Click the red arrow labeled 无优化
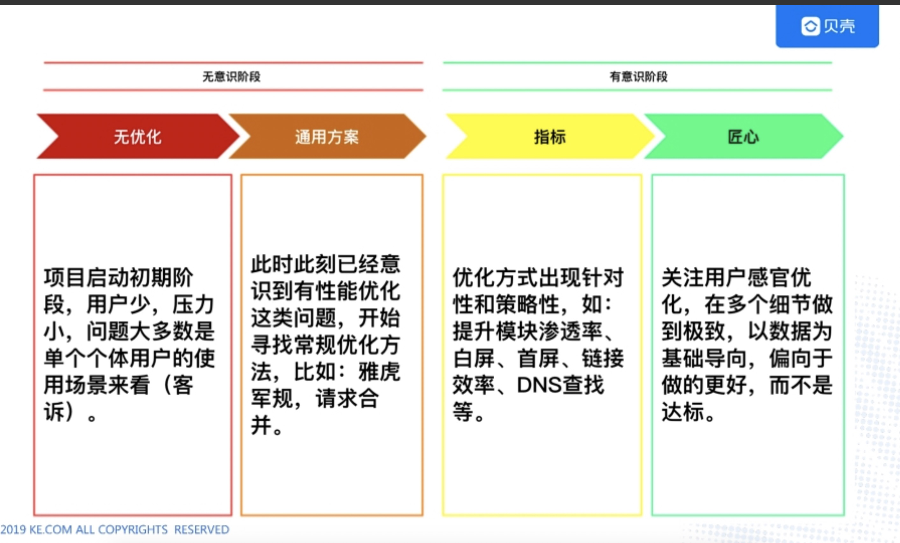[137, 137]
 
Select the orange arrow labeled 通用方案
[326, 137]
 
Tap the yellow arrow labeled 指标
[549, 137]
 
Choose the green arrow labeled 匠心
[743, 137]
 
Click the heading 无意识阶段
[232, 77]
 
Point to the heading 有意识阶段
[639, 77]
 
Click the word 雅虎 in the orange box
[379, 372]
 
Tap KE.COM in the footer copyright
[50, 530]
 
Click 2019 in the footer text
[13, 530]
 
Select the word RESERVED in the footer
[202, 530]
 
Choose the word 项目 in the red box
[65, 278]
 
